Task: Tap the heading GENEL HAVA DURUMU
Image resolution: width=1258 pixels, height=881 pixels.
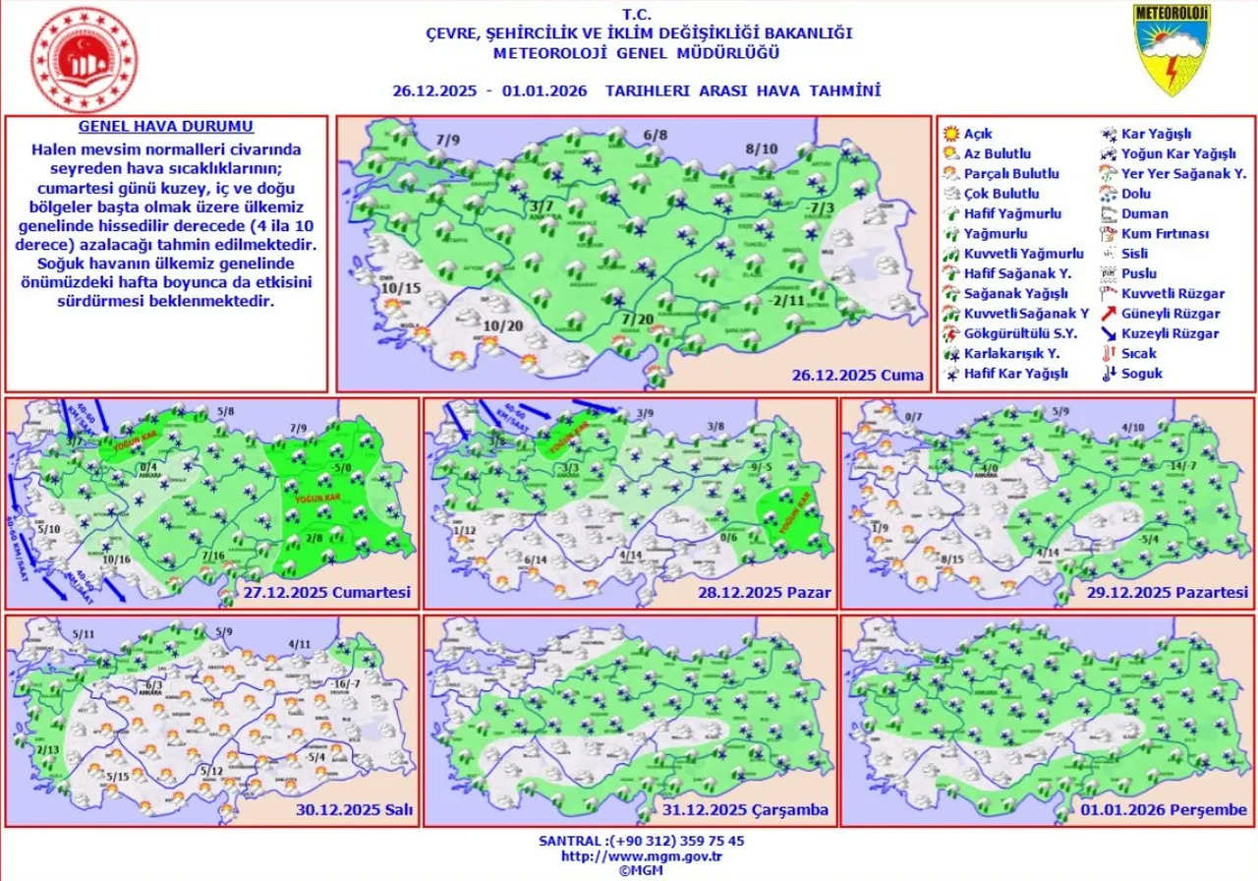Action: (165, 128)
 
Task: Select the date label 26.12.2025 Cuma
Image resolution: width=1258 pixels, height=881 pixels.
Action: (858, 376)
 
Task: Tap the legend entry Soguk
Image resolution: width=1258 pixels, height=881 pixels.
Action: (1142, 374)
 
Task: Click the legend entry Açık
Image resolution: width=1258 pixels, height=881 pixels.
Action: (977, 134)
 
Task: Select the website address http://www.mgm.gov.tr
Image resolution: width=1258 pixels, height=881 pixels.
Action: (628, 856)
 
